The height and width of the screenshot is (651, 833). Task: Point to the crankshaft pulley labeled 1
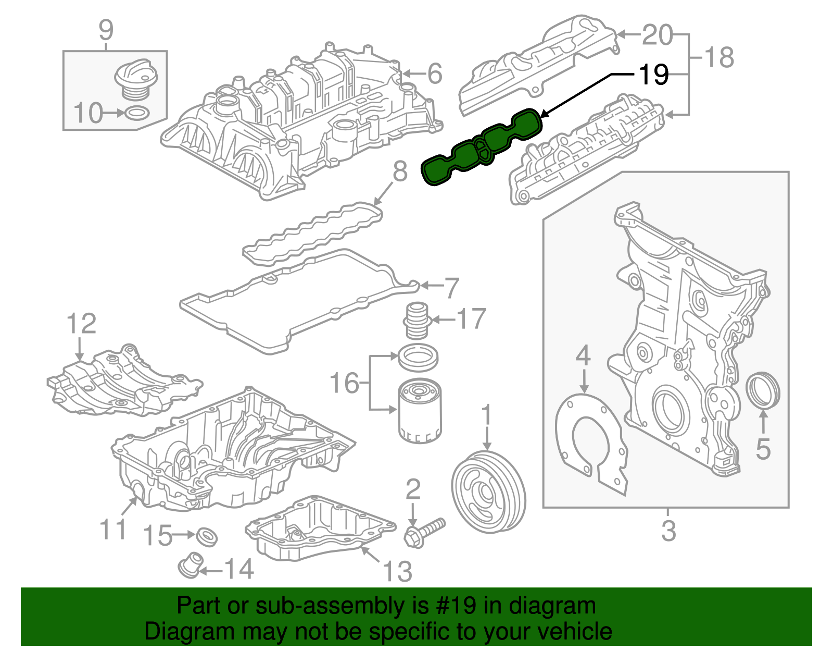point(488,493)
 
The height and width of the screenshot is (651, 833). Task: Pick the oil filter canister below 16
point(420,411)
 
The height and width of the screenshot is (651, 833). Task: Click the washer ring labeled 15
point(207,536)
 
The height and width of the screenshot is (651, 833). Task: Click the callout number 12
point(81,324)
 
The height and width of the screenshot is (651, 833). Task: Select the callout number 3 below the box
point(668,531)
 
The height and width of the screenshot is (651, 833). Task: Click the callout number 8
point(399,171)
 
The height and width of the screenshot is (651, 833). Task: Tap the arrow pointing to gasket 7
point(430,285)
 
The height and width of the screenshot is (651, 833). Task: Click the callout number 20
point(657,35)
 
